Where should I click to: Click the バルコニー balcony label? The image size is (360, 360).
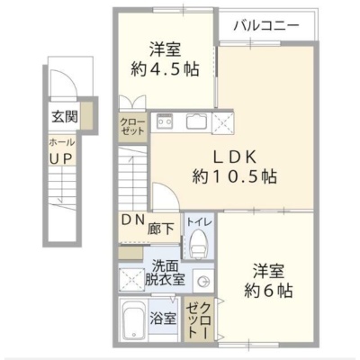click(266, 25)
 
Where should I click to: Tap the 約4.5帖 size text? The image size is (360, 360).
click(165, 69)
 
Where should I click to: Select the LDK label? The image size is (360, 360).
click(234, 157)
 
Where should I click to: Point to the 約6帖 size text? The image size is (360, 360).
click(268, 290)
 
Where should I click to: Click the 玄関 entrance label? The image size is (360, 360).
click(65, 116)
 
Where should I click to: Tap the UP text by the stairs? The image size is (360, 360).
click(61, 158)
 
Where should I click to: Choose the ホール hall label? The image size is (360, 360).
click(62, 142)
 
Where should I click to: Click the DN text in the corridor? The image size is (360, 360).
click(133, 220)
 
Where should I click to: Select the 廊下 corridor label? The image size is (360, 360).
click(160, 229)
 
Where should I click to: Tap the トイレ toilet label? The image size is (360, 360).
click(199, 222)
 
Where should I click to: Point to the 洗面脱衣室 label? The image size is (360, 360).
click(165, 272)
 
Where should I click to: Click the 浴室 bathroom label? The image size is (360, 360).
click(163, 319)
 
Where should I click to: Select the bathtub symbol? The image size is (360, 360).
click(134, 319)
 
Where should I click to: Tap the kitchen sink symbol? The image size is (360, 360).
click(196, 121)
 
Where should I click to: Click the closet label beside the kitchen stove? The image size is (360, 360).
click(132, 127)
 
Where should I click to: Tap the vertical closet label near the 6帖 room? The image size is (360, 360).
click(198, 319)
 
